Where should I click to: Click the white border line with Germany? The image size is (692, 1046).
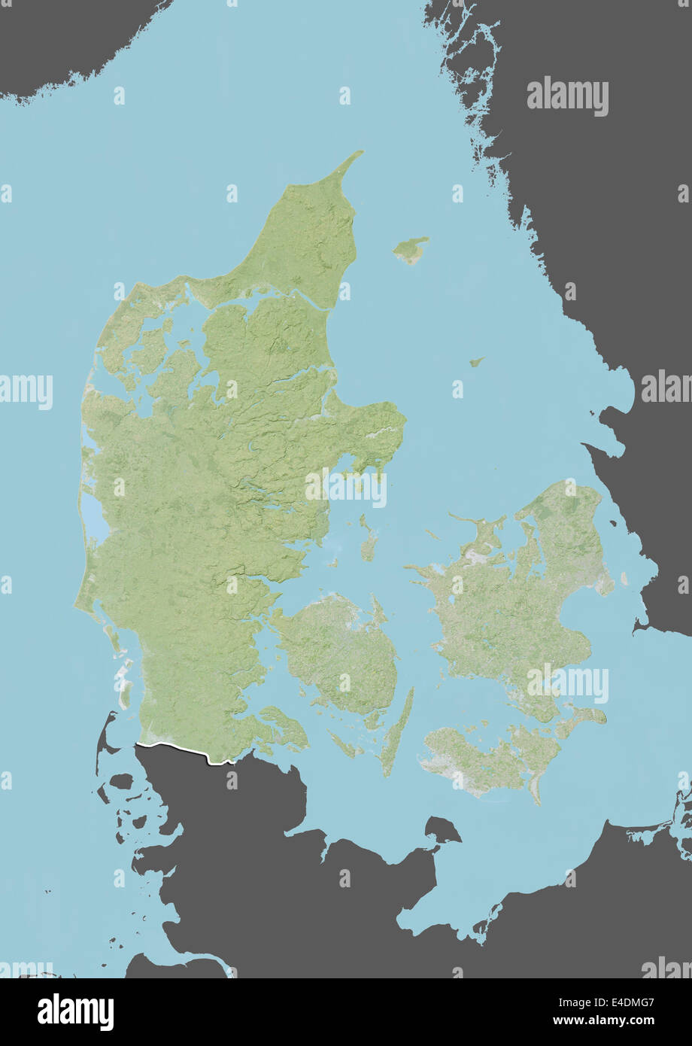point(181,751)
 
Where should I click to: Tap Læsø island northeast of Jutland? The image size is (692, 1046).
point(411,250)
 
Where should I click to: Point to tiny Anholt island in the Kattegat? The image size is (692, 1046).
point(476,362)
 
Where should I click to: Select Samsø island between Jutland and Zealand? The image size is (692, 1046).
point(368,543)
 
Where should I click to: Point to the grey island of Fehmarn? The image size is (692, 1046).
point(442,830)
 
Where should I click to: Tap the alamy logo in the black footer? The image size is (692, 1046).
point(75,1012)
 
